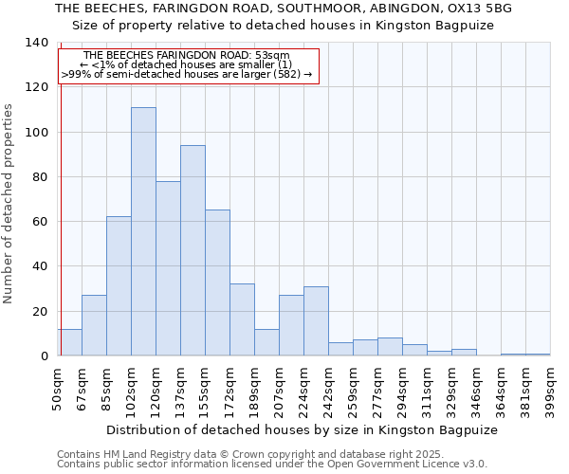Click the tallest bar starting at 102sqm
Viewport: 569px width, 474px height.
[x=143, y=231]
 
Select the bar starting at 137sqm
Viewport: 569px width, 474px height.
[x=193, y=250]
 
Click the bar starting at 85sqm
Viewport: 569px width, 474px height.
[x=119, y=286]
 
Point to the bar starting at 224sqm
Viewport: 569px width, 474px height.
[x=316, y=321]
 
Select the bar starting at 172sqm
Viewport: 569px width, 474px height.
[x=242, y=319]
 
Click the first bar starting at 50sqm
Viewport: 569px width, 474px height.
[x=69, y=342]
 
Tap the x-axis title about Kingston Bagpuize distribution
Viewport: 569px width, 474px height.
[x=303, y=429]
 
